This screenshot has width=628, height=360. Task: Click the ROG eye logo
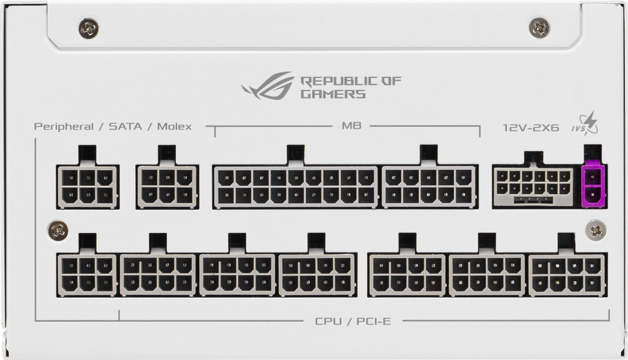(267, 86)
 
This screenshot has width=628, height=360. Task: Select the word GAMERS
(333, 94)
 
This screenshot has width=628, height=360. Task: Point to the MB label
(351, 126)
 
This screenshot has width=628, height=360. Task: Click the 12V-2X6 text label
(531, 128)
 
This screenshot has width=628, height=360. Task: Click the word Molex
(174, 127)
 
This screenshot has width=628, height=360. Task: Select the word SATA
(126, 127)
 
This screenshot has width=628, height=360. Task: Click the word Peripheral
(63, 127)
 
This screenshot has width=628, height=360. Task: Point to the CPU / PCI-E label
(353, 321)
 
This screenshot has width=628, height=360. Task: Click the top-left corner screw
(89, 28)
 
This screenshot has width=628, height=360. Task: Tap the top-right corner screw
(539, 28)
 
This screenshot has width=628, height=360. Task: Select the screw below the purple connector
(595, 230)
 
